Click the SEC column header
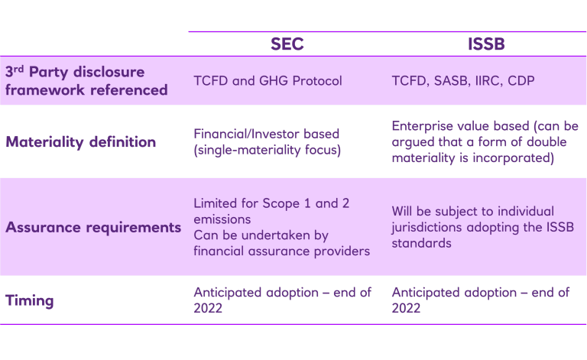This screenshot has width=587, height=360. [287, 44]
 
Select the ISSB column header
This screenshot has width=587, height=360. [486, 44]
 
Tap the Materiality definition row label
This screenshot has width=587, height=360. [81, 142]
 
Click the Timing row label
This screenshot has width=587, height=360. [30, 300]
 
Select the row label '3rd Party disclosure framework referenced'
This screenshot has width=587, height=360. [86, 81]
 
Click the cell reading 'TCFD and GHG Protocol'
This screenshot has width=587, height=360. [268, 81]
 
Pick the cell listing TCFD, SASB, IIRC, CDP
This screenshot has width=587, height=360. [463, 81]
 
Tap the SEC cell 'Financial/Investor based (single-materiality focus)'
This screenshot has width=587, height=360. [267, 142]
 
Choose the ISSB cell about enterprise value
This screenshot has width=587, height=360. [485, 142]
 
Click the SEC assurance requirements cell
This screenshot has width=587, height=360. [281, 227]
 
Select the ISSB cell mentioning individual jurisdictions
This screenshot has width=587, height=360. [473, 227]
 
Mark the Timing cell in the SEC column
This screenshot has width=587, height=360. [281, 300]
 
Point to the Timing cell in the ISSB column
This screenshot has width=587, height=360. [481, 300]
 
